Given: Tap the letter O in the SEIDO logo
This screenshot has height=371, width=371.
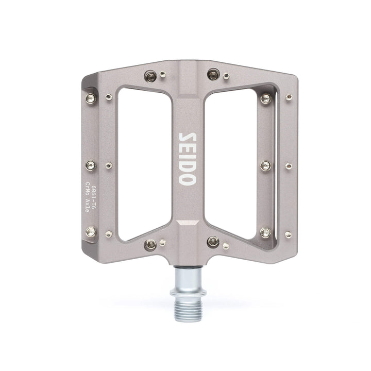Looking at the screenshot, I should point(187,179).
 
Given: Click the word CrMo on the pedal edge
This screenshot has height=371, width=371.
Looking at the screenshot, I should point(87,188).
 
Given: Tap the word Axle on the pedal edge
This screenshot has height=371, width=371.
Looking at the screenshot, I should point(87,205).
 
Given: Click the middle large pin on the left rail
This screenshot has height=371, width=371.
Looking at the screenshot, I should point(91,165).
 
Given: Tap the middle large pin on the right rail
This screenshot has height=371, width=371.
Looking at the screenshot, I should point(266,165).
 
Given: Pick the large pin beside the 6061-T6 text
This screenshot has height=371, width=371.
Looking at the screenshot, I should point(91,232).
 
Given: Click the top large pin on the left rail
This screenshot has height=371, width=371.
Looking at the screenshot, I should point(91,98).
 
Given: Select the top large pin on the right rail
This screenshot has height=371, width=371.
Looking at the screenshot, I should point(266,98).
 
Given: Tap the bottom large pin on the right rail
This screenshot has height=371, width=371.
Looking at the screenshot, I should point(265,232).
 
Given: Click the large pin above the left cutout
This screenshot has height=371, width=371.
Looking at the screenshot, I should point(150,75).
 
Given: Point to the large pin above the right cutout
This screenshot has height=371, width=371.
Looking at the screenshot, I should point(213,74).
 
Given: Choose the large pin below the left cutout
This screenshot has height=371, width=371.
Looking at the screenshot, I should point(150,244).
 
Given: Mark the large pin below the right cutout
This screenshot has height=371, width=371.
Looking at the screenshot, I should point(213,242).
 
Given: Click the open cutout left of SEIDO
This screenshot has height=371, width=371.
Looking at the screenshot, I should point(145,160).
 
